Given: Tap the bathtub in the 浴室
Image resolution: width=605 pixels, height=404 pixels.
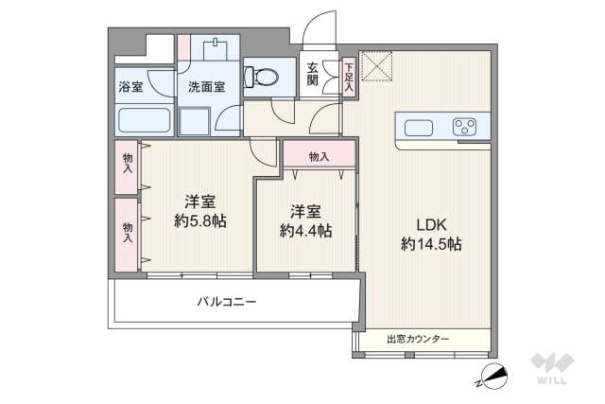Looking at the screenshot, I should click(144, 121).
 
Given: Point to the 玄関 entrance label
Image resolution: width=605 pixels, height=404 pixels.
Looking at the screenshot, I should click(312, 74).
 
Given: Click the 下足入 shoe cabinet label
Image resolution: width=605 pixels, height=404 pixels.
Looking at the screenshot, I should click(348, 77).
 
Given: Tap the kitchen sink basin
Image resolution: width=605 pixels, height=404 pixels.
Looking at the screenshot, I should click(417, 126).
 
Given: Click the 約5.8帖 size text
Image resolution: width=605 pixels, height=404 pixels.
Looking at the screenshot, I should click(199, 222).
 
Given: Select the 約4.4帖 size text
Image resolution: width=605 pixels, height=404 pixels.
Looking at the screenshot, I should click(304, 230).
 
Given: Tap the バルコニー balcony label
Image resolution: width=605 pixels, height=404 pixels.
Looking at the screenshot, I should click(227, 303).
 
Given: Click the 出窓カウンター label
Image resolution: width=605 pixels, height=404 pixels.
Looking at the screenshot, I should click(418, 339).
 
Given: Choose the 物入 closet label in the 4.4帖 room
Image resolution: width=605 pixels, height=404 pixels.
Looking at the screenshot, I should click(319, 156).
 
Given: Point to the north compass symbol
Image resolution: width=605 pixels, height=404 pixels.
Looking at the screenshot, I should click(493, 378).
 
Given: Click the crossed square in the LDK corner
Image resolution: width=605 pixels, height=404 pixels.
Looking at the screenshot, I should click(376, 66).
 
